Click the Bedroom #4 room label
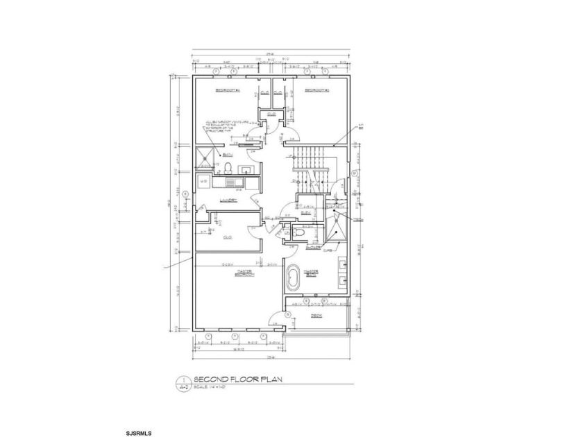227,91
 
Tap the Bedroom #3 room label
316,91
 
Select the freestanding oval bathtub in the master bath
291,281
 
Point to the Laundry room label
228,200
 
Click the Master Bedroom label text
245,273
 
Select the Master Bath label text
310,273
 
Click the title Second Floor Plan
239,379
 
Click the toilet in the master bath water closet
297,234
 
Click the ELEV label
305,213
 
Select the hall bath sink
246,169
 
